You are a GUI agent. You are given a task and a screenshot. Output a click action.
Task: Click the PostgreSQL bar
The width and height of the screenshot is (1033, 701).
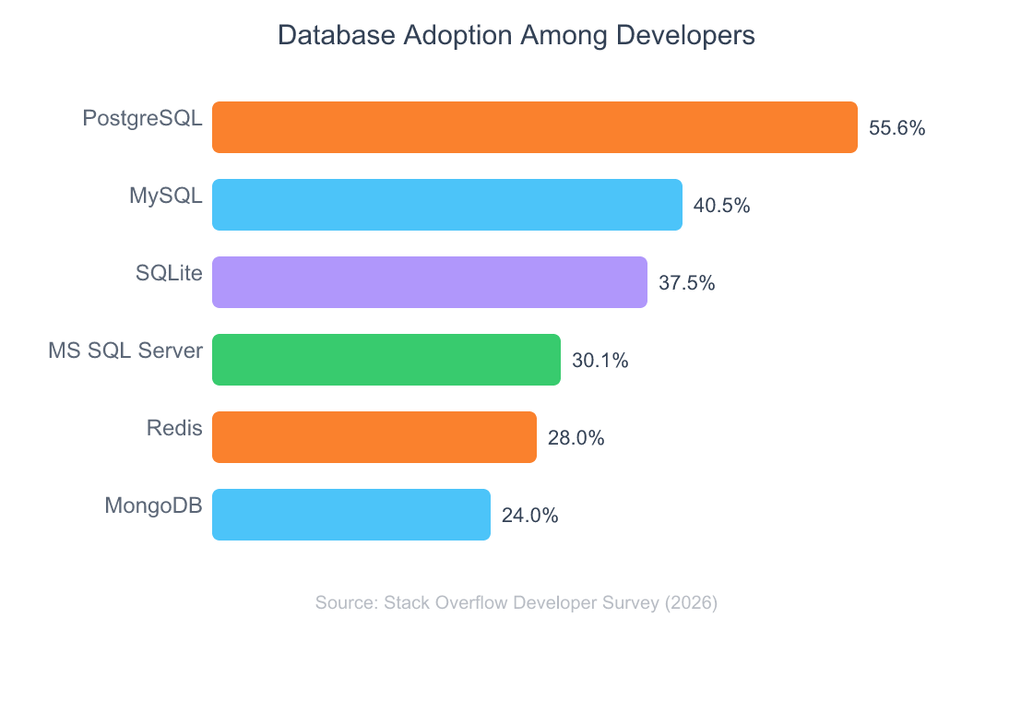[535, 127]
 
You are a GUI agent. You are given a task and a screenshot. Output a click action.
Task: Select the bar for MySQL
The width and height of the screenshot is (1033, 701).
[447, 205]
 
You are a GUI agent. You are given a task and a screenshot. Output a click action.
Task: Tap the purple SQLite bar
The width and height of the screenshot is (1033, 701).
[430, 282]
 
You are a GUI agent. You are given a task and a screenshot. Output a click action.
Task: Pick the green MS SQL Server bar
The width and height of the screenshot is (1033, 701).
[386, 360]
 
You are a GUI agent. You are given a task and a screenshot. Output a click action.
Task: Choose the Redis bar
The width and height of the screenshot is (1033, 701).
[374, 437]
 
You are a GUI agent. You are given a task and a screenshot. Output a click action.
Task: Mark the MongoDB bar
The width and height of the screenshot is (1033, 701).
[351, 515]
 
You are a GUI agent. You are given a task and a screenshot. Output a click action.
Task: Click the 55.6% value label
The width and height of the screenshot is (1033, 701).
[896, 128]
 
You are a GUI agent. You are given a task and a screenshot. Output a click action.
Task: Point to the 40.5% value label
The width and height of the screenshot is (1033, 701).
[721, 206]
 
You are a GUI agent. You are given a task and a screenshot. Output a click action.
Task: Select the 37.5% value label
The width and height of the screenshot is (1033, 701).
[686, 283]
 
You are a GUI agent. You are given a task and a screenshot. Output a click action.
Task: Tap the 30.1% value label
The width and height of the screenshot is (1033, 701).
[600, 361]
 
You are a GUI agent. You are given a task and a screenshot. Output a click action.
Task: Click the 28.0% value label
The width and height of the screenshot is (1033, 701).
[576, 438]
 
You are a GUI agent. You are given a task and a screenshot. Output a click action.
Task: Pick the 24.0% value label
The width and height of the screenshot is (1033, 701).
[529, 516]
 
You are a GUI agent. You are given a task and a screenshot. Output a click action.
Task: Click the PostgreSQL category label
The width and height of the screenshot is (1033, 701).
[142, 119]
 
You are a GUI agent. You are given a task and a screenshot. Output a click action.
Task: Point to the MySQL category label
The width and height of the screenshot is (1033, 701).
[165, 196]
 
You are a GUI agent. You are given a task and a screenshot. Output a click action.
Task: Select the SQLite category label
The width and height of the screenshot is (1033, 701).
[169, 273]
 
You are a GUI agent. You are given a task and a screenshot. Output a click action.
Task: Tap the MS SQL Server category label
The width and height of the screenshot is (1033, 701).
[125, 350]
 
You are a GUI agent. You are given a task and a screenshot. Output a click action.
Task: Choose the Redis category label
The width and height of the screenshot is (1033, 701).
[174, 428]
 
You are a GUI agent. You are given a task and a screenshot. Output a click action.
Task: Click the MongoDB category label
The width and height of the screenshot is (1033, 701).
[153, 505]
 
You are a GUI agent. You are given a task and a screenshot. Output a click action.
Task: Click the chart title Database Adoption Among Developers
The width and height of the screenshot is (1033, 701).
[516, 36]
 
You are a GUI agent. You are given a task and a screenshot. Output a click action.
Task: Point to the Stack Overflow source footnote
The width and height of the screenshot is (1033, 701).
[516, 603]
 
